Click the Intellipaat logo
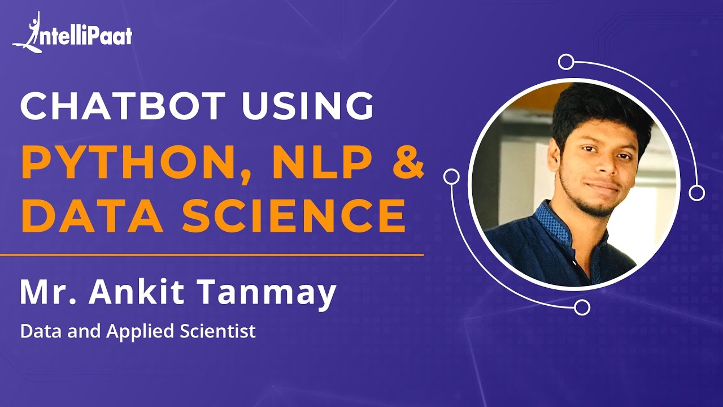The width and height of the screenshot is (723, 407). click(72, 34)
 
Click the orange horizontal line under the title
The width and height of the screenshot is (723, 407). click(212, 255)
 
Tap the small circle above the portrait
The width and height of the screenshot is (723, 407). click(566, 62)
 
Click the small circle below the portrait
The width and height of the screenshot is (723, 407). click(582, 307)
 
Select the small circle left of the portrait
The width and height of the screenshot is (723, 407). click(451, 176)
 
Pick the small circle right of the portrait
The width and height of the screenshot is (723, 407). click(697, 193)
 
